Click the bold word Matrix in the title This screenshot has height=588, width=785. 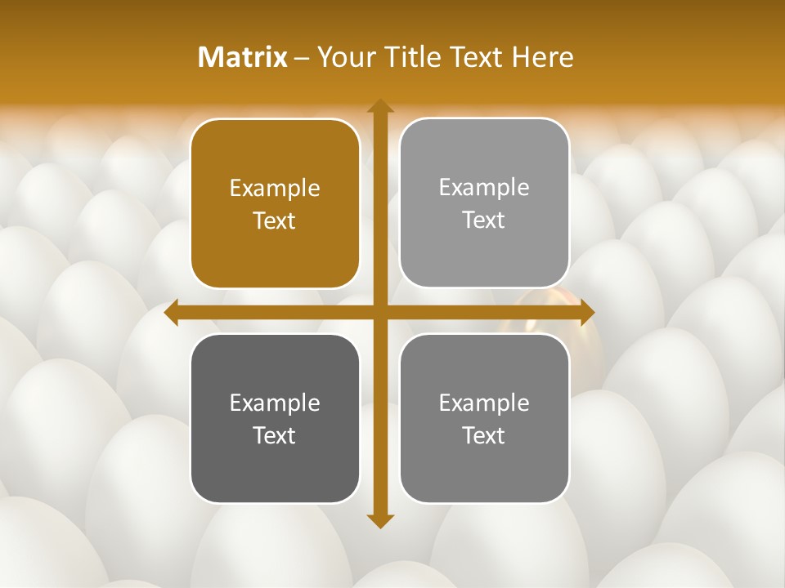(x=243, y=57)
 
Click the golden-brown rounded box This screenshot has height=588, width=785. (x=275, y=204)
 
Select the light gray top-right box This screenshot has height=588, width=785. (x=484, y=203)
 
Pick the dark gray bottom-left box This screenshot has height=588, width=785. (x=275, y=418)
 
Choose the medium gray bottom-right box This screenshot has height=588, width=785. (x=484, y=418)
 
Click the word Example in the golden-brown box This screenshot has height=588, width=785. (x=275, y=188)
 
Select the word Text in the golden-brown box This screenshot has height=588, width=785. (x=275, y=220)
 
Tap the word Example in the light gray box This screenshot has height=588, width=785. (x=484, y=187)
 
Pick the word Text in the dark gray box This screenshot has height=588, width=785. (x=275, y=435)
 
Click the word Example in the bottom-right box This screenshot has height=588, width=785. (x=484, y=403)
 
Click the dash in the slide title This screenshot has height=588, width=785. (x=302, y=58)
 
